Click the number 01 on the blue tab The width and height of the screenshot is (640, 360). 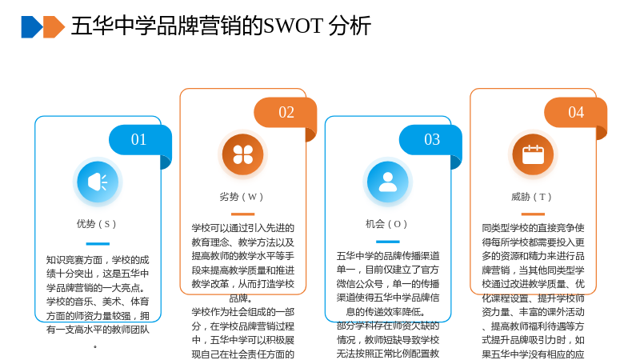(138, 139)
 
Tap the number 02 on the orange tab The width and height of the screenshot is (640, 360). (286, 112)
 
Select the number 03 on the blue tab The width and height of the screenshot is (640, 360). (432, 139)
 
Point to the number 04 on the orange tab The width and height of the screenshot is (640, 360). (576, 112)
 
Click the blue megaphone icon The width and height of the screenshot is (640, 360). (98, 182)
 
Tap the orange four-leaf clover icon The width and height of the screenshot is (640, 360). (242, 154)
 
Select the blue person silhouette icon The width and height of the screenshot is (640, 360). (388, 182)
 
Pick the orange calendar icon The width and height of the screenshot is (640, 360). (533, 154)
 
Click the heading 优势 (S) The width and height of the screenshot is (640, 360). (96, 224)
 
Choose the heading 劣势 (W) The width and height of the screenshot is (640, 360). (242, 197)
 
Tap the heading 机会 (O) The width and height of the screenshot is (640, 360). (386, 224)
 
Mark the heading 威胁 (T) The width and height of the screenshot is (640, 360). (531, 197)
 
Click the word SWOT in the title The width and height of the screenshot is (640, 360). (293, 26)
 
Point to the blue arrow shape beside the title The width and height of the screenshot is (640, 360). (32, 27)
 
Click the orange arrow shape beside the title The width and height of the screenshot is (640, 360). (54, 27)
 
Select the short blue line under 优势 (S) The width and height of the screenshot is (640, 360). (98, 244)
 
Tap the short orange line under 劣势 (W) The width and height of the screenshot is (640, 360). (242, 214)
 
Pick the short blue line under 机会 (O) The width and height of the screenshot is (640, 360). (388, 242)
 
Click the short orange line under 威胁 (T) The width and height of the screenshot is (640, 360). (533, 214)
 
